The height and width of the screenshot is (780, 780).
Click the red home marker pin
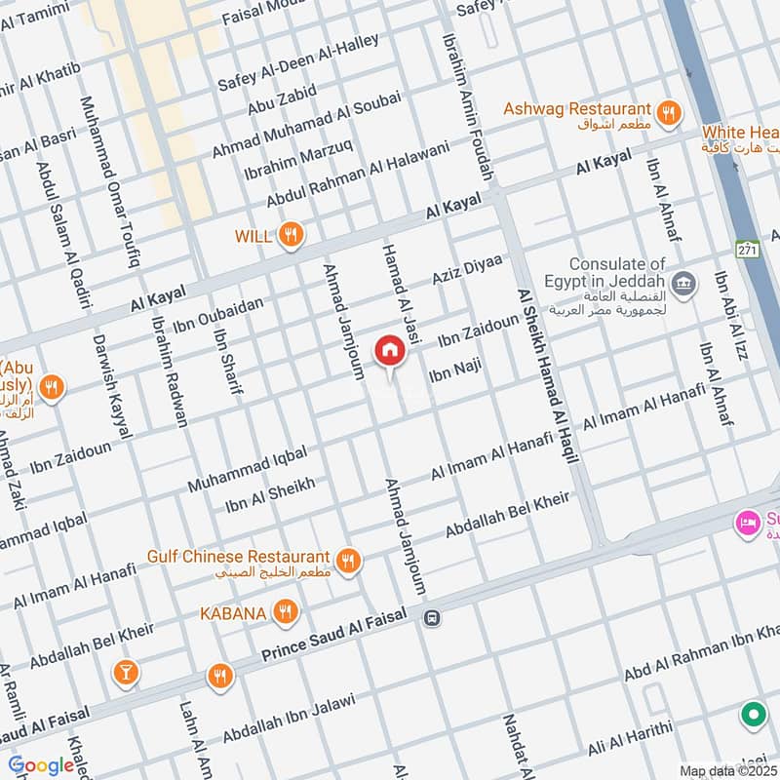tap(388, 351)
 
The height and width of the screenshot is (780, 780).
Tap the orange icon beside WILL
tap(290, 235)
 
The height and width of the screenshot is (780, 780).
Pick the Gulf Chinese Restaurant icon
tap(347, 560)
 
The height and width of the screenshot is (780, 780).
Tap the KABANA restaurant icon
tap(285, 613)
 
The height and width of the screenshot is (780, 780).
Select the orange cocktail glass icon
tap(126, 672)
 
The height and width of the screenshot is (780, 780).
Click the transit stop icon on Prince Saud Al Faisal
tap(432, 617)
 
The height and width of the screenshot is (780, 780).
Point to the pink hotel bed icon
tap(748, 522)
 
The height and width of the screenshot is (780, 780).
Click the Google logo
tap(41, 765)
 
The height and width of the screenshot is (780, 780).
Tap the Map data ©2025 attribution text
tap(729, 769)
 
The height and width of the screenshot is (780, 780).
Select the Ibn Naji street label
tap(456, 371)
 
